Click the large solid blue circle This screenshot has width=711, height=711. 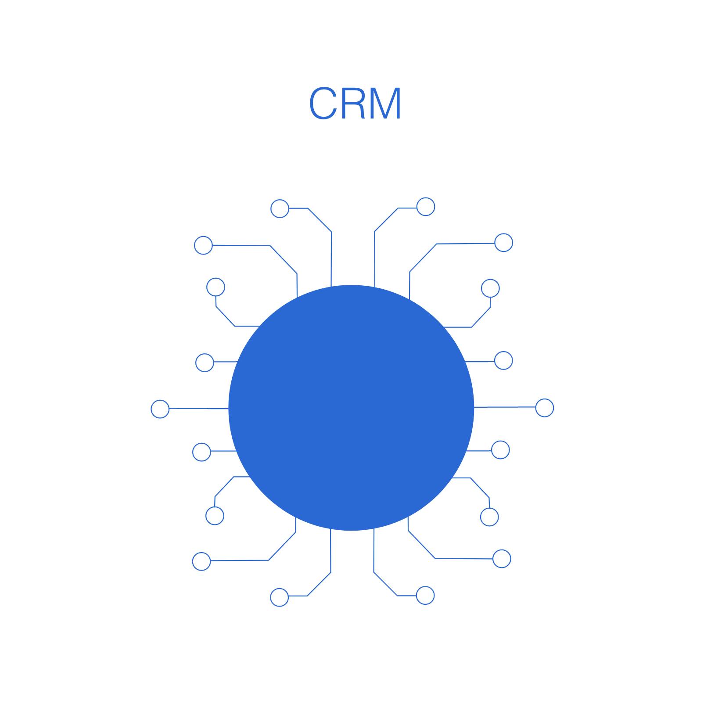coord(351,408)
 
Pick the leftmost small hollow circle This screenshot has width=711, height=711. coord(160,409)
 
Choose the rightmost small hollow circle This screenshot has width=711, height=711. coord(545,408)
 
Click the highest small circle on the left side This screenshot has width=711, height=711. coord(280,208)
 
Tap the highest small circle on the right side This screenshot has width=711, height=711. coord(425,207)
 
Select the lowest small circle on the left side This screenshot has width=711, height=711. coord(279,597)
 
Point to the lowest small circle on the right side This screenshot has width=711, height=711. coord(425,596)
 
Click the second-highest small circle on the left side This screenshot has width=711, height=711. coord(203,245)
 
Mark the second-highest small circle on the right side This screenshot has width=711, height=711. coord(503,243)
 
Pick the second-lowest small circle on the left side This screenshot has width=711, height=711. coord(201,561)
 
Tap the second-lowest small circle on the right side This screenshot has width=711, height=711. coord(502,559)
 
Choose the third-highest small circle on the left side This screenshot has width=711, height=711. coord(215,287)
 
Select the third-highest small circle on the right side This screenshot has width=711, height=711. coord(490,288)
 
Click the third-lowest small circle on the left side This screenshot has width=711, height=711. coord(215,516)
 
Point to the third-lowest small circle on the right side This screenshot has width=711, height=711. coord(489,517)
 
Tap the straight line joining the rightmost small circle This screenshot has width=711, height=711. coord(505,407)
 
